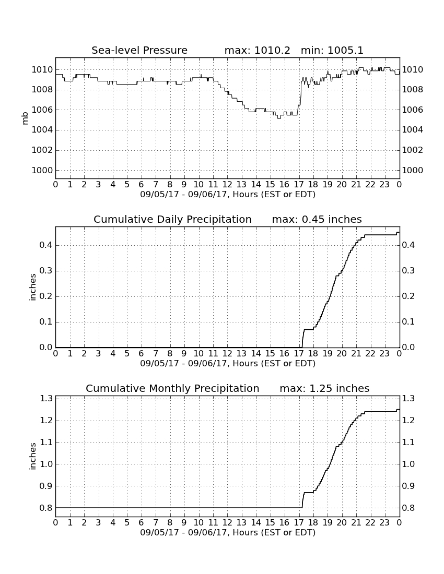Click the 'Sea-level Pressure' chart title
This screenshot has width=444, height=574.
click(x=139, y=50)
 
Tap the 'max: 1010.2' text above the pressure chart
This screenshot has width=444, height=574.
click(x=257, y=50)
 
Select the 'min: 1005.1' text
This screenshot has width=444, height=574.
click(x=332, y=50)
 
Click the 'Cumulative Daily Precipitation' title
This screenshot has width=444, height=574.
click(x=172, y=219)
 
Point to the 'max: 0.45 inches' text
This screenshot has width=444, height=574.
click(x=317, y=219)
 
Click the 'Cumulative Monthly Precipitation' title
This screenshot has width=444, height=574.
click(x=172, y=388)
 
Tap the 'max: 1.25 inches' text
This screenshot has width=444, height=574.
click(x=324, y=388)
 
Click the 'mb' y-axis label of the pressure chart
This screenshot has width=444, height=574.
click(x=25, y=118)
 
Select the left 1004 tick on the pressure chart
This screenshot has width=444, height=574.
click(x=42, y=130)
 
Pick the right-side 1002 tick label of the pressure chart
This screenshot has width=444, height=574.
click(x=413, y=150)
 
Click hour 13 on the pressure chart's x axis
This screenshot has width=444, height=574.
click(x=241, y=185)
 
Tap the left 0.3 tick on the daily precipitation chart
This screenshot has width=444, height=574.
click(x=46, y=271)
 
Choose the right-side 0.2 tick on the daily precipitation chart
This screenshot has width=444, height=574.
click(x=408, y=296)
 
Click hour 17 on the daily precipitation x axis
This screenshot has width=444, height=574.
click(x=299, y=354)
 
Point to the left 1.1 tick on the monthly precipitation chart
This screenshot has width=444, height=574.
click(x=46, y=442)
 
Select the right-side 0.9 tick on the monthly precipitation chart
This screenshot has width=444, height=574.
click(x=408, y=486)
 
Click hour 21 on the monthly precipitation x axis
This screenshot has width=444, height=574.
click(x=356, y=523)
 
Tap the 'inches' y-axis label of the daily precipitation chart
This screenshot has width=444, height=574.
click(x=33, y=288)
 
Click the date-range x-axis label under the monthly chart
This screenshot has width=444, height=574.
click(x=228, y=533)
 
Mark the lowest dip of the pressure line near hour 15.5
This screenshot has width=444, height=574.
click(x=279, y=118)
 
